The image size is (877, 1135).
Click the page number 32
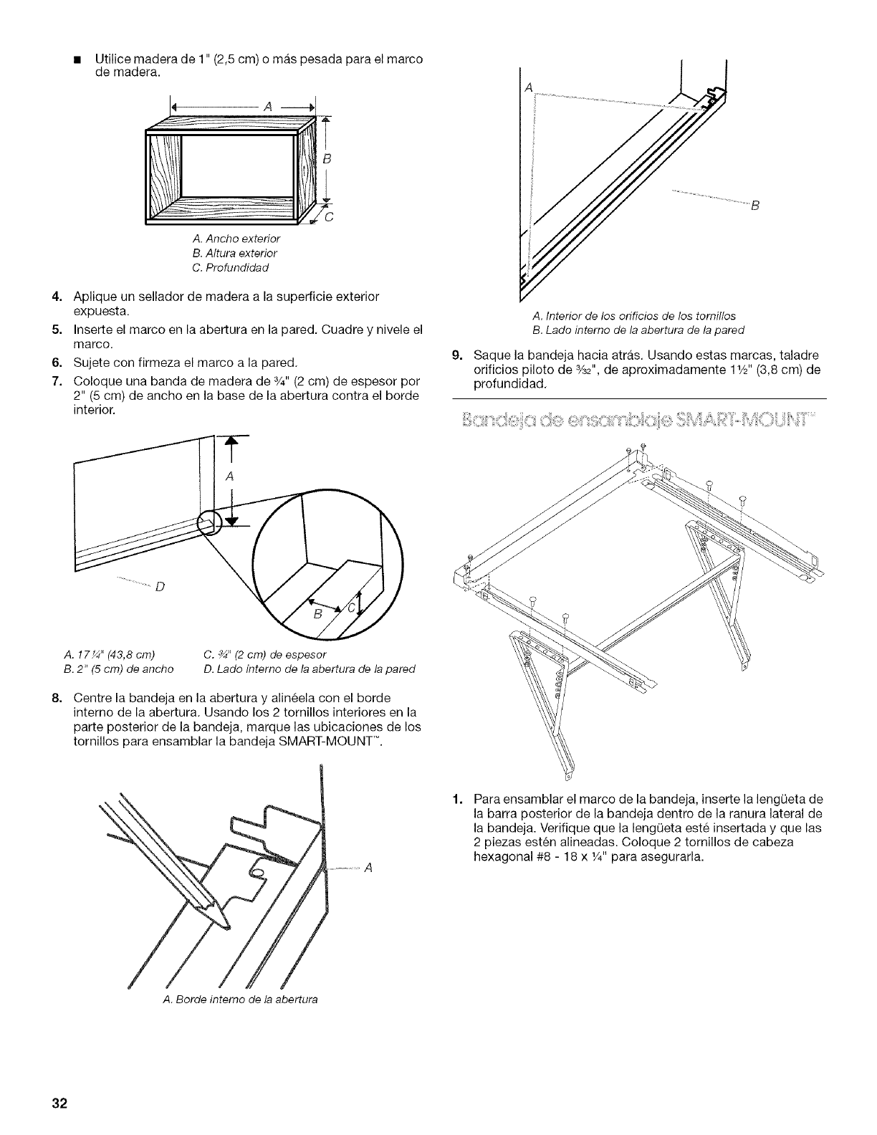pyautogui.click(x=59, y=1103)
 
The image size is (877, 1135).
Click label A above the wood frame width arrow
pyautogui.click(x=268, y=107)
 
